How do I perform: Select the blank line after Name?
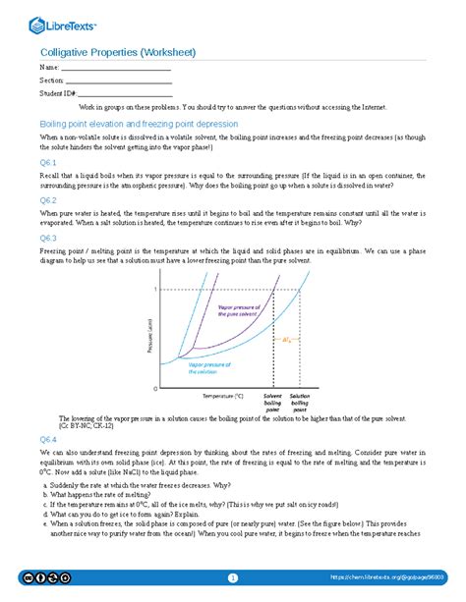[117, 70]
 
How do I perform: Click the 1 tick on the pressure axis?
[153, 290]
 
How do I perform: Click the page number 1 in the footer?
[233, 577]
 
